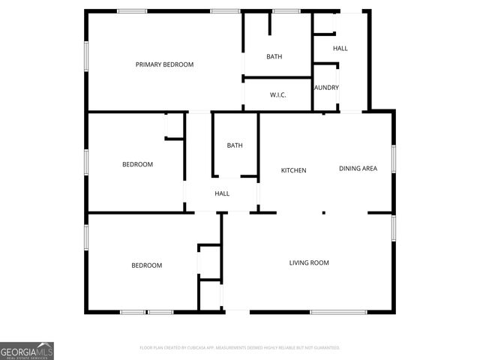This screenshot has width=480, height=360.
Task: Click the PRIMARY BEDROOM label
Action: [164, 64]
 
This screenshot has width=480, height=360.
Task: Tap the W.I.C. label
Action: [277, 94]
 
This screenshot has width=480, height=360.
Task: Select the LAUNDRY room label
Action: [326, 88]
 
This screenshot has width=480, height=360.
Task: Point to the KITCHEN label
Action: [293, 170]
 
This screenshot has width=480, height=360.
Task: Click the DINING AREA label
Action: [358, 168]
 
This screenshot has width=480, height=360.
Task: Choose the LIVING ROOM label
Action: [309, 262]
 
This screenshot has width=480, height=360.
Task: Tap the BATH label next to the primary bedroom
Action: [274, 57]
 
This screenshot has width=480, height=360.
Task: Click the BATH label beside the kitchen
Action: [235, 145]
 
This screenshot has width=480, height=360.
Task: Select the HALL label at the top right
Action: [340, 49]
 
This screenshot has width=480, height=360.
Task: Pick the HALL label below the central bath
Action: [222, 193]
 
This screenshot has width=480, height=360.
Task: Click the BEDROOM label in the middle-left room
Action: [137, 164]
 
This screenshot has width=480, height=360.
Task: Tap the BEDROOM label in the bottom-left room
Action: [146, 265]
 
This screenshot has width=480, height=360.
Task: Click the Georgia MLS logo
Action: [27, 351]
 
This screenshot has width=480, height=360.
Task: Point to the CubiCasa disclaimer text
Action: [240, 348]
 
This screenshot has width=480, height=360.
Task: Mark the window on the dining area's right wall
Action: [393, 160]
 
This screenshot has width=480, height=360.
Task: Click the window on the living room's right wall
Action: [393, 228]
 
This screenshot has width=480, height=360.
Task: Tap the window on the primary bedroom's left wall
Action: [86, 56]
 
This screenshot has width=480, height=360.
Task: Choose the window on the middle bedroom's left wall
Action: [86, 161]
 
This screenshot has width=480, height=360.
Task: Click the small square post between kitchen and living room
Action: [323, 212]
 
